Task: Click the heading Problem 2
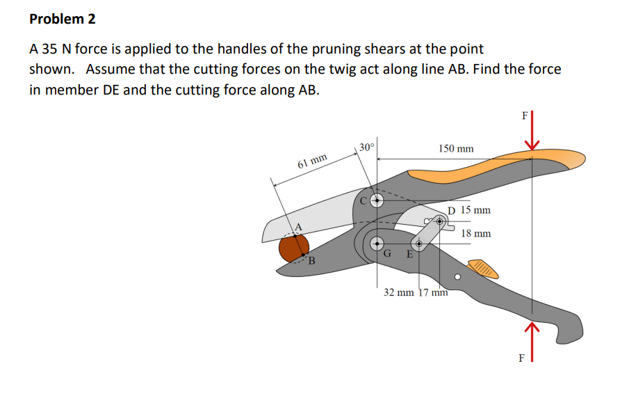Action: point(63,19)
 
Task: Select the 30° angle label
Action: point(367,147)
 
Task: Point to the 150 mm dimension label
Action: point(456,149)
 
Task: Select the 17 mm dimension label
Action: point(434,292)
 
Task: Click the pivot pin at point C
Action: point(377,200)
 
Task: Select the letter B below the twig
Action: point(311,262)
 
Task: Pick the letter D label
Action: point(452,210)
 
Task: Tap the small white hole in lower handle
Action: point(457,277)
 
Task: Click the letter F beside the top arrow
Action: point(524,116)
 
